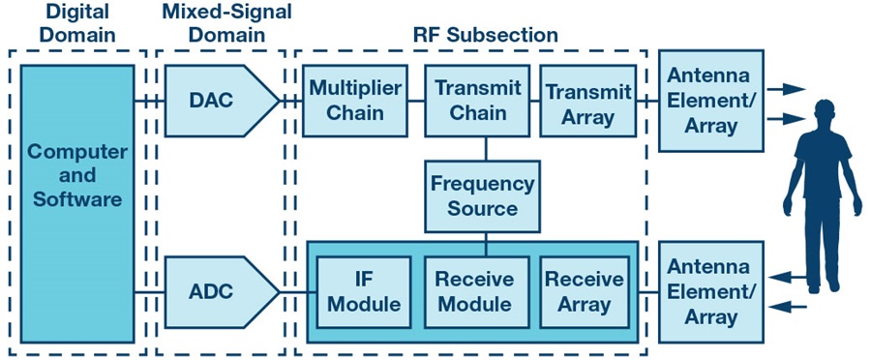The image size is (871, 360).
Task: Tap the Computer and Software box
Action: [x=77, y=203]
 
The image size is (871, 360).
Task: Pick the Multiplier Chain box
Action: [x=355, y=101]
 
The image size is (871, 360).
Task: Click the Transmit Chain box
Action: [x=477, y=101]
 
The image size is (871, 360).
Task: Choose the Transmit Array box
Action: [x=588, y=101]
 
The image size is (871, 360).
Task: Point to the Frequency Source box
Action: [x=482, y=196]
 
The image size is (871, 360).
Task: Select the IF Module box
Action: [x=364, y=291]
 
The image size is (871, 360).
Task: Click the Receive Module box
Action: [x=477, y=291]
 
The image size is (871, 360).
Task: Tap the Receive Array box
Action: [x=585, y=291]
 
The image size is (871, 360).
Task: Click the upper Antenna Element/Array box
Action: [x=711, y=101]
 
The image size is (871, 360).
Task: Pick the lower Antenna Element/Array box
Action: [x=711, y=291]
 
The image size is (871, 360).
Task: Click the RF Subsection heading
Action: [x=485, y=35]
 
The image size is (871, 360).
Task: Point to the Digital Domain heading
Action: [x=78, y=23]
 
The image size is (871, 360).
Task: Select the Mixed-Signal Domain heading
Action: [x=226, y=23]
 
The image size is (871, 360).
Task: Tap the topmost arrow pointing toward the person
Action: [x=786, y=89]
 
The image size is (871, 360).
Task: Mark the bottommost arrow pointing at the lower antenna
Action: [x=788, y=306]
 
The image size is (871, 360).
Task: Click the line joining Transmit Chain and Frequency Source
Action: [x=486, y=149]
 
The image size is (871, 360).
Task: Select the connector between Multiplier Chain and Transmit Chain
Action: [x=416, y=101]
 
